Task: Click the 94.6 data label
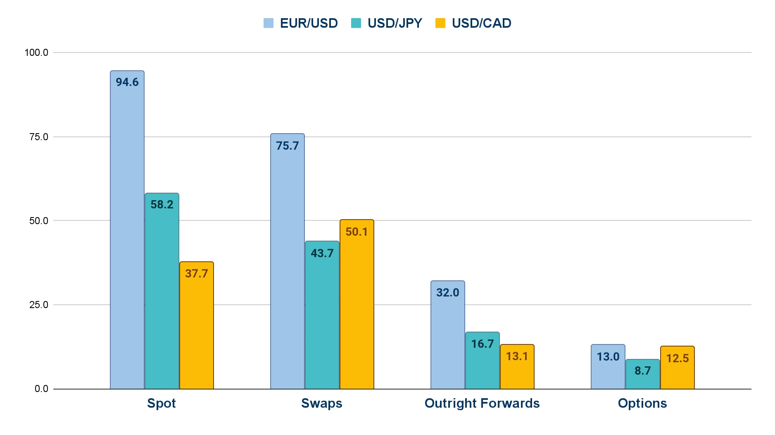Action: click(127, 82)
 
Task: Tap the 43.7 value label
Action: click(322, 253)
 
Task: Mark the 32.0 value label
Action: click(448, 293)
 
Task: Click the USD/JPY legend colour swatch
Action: click(356, 23)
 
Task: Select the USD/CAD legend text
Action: click(482, 23)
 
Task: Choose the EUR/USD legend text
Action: click(309, 23)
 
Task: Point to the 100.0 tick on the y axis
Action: click(36, 53)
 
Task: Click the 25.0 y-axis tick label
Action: click(38, 305)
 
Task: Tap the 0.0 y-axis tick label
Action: click(41, 389)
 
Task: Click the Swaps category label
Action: click(322, 403)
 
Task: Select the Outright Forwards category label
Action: click(482, 403)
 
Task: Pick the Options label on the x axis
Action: click(642, 403)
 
